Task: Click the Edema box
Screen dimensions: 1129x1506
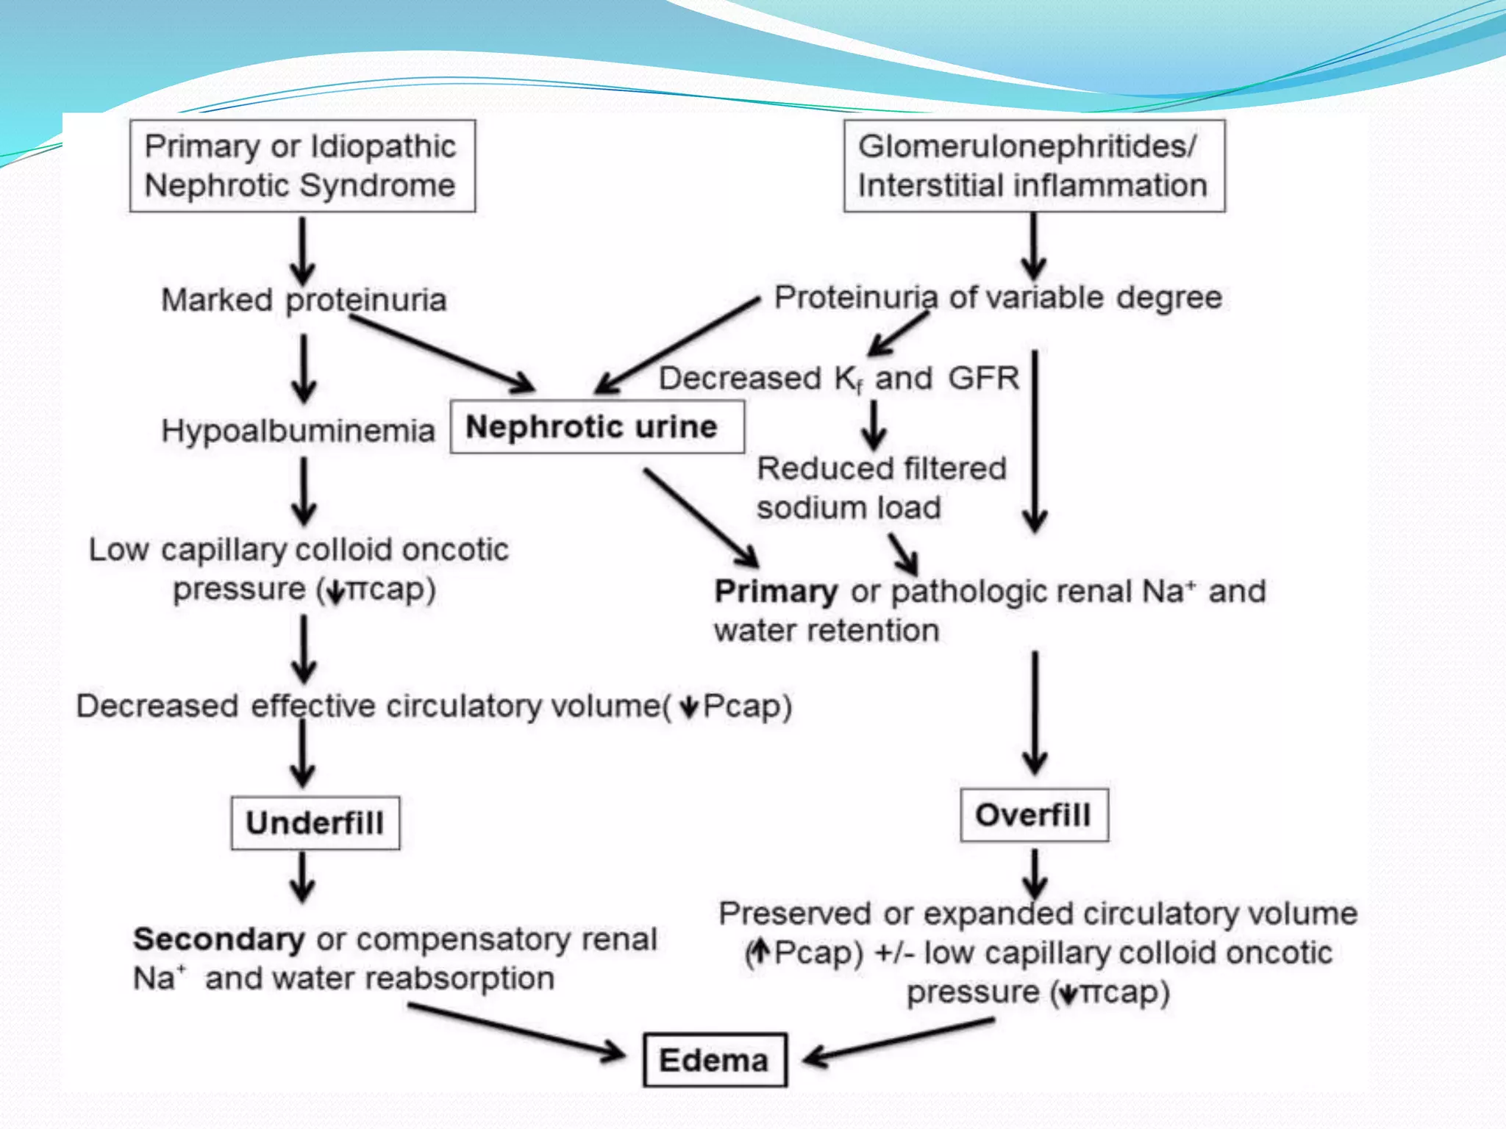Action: click(715, 1060)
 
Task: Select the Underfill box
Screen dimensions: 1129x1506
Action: click(315, 822)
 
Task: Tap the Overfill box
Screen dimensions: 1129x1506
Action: click(1034, 814)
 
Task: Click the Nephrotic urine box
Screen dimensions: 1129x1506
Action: click(596, 426)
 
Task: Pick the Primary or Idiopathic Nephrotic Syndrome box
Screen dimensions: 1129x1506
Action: click(302, 166)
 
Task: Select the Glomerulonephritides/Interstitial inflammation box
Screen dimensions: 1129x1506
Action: click(1034, 166)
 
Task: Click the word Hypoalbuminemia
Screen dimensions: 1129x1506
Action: click(298, 431)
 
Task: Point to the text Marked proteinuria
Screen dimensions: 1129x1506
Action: click(304, 300)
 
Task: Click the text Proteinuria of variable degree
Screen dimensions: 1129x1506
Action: click(998, 298)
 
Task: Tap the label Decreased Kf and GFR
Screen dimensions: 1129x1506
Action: click(838, 379)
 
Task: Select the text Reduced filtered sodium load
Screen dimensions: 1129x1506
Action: click(881, 488)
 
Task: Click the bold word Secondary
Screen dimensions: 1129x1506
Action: click(218, 939)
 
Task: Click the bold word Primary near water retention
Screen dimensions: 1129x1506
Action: click(775, 592)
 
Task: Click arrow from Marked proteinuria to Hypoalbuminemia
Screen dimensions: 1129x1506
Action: click(303, 368)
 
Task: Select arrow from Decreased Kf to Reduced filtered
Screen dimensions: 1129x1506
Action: click(874, 425)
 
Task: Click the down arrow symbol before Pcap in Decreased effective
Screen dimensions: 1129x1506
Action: click(688, 707)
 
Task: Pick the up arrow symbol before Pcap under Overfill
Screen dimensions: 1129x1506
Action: click(761, 953)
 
